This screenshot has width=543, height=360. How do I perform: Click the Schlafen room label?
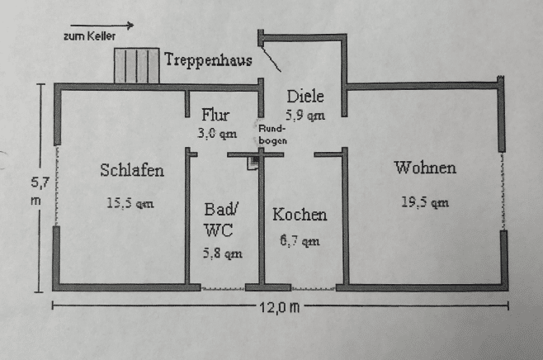click(x=132, y=170)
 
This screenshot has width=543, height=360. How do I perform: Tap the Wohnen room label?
click(x=425, y=168)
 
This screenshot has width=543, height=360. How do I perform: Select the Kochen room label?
click(x=300, y=214)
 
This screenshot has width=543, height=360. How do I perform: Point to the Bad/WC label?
click(x=220, y=220)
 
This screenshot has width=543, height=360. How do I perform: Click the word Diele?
click(x=305, y=96)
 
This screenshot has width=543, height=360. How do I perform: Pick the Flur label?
click(x=215, y=115)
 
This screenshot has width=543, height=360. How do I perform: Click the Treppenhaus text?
click(x=208, y=59)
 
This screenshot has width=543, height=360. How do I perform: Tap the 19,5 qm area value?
click(x=425, y=202)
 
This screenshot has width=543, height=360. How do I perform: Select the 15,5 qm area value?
click(x=130, y=203)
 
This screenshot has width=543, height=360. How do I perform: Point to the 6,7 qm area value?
click(x=300, y=240)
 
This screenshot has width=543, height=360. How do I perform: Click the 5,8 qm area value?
click(x=222, y=253)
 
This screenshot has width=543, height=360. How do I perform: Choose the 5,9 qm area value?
click(x=305, y=115)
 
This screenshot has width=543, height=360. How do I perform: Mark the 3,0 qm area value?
click(x=217, y=134)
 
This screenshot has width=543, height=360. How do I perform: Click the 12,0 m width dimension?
click(x=280, y=307)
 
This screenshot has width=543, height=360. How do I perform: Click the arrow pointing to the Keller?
click(x=102, y=26)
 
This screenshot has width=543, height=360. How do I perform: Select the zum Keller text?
click(x=89, y=36)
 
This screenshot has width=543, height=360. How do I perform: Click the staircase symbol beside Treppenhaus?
click(x=137, y=65)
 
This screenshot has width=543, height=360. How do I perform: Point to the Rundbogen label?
click(x=272, y=135)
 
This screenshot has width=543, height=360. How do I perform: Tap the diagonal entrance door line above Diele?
click(x=271, y=58)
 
